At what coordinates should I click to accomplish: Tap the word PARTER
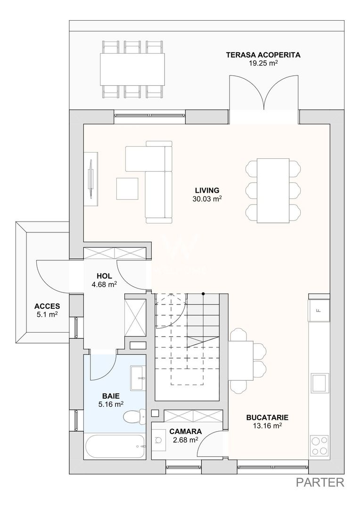[x=320, y=482]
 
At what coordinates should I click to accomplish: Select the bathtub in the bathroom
[x=115, y=446]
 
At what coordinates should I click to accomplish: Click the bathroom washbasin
[x=138, y=378]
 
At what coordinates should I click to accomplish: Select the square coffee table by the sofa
[x=127, y=189]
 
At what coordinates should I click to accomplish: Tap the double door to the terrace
[x=264, y=94]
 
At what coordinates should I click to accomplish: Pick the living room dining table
[x=273, y=190]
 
